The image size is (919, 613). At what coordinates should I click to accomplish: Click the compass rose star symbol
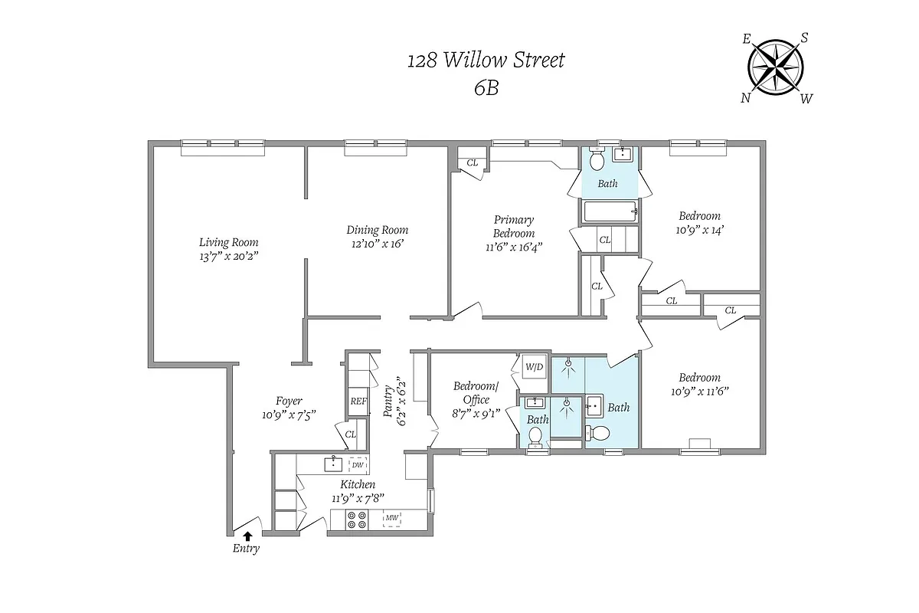[776, 65]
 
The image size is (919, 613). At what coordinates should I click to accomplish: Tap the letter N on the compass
[745, 97]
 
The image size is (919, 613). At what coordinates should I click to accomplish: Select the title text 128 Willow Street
[486, 60]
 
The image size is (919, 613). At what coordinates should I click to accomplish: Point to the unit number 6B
[486, 87]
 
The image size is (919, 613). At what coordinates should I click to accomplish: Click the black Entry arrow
[247, 536]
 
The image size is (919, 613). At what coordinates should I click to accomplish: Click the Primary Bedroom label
[513, 227]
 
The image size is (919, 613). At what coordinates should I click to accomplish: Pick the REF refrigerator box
[358, 401]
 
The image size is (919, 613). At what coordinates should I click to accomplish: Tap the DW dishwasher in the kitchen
[358, 464]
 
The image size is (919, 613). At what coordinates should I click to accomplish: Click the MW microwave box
[392, 519]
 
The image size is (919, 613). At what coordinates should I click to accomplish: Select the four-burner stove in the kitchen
[357, 520]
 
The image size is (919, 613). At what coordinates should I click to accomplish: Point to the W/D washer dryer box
[534, 366]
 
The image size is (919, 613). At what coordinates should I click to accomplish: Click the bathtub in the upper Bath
[610, 211]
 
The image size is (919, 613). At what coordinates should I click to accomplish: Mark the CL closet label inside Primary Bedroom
[473, 162]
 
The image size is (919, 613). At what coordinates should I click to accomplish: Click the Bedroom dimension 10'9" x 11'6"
[698, 391]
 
